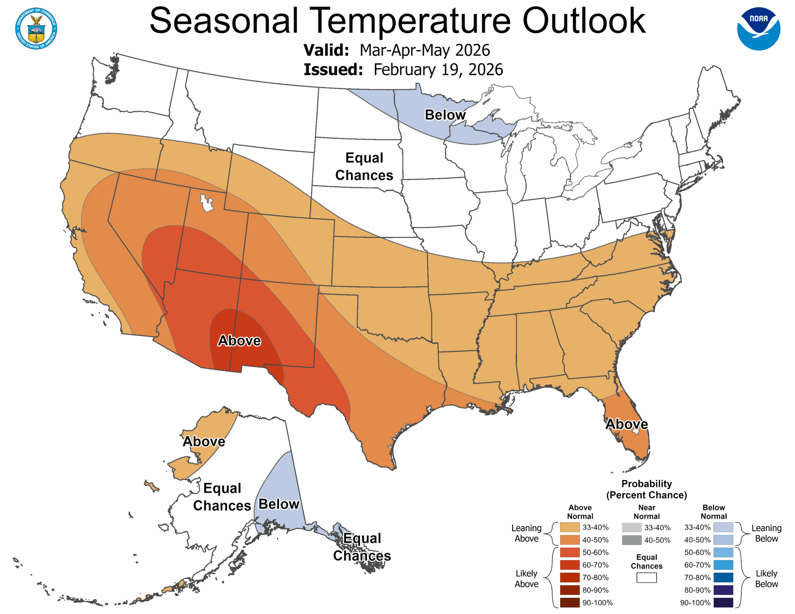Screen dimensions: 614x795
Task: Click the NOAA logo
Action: click(x=758, y=29)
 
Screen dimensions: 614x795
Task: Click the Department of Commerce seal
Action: click(x=36, y=29)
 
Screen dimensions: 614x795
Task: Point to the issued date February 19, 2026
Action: click(x=438, y=69)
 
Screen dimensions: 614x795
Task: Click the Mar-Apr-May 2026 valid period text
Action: click(x=425, y=50)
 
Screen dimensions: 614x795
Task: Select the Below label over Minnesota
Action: click(x=445, y=115)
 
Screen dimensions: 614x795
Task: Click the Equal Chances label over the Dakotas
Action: click(x=364, y=166)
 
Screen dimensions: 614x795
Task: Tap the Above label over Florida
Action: click(x=627, y=424)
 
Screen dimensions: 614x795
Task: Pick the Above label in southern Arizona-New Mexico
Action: click(x=239, y=341)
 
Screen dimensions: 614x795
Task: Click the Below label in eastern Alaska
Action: click(x=279, y=504)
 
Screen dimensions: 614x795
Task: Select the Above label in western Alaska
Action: click(x=204, y=442)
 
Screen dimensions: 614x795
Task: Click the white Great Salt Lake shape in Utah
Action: click(x=207, y=202)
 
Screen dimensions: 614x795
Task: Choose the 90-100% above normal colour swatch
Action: click(x=569, y=603)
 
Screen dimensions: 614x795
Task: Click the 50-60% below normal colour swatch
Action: click(x=723, y=552)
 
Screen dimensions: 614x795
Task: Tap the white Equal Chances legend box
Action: click(x=646, y=578)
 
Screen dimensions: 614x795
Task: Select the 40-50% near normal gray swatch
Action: click(x=631, y=540)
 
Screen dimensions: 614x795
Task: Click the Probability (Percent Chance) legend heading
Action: click(x=646, y=489)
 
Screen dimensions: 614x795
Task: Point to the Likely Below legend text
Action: click(x=766, y=579)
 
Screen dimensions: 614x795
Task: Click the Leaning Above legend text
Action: click(x=526, y=533)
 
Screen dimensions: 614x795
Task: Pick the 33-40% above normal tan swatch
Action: click(x=569, y=528)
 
